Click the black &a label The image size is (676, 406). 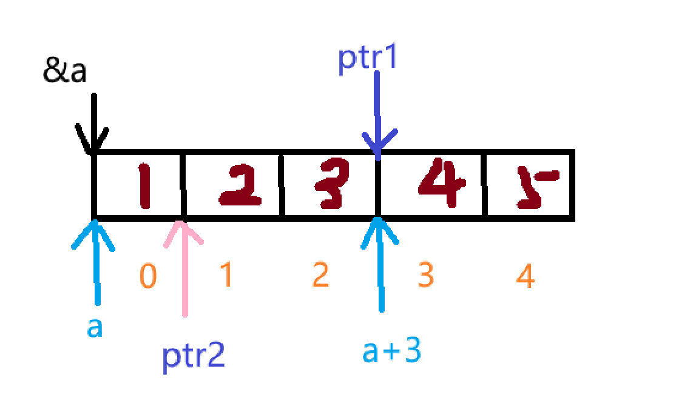(x=65, y=72)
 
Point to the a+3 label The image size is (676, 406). (x=391, y=351)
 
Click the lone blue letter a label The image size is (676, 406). (x=95, y=328)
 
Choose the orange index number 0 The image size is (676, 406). (x=148, y=277)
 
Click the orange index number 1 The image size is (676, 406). (x=225, y=276)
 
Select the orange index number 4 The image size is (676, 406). (x=526, y=277)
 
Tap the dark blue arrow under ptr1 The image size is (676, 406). (x=377, y=115)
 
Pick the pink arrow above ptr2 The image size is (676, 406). (x=184, y=267)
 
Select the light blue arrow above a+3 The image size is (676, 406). (x=380, y=261)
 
